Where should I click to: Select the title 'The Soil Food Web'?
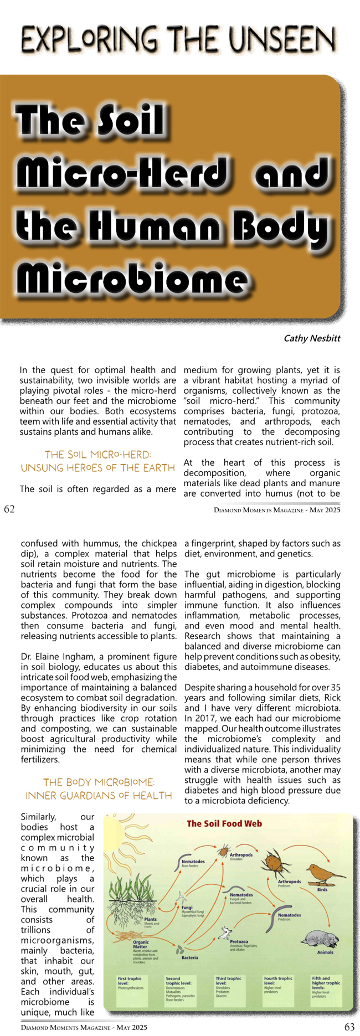224,823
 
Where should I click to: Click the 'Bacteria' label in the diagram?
190,957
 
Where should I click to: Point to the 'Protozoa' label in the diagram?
239,941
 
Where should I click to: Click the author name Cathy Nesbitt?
312,338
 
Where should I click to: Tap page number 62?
9,509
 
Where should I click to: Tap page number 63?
349,1027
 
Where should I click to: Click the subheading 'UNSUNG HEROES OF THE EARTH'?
98,468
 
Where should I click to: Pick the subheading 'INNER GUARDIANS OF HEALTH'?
99,796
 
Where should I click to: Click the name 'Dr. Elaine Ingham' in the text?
55,657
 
